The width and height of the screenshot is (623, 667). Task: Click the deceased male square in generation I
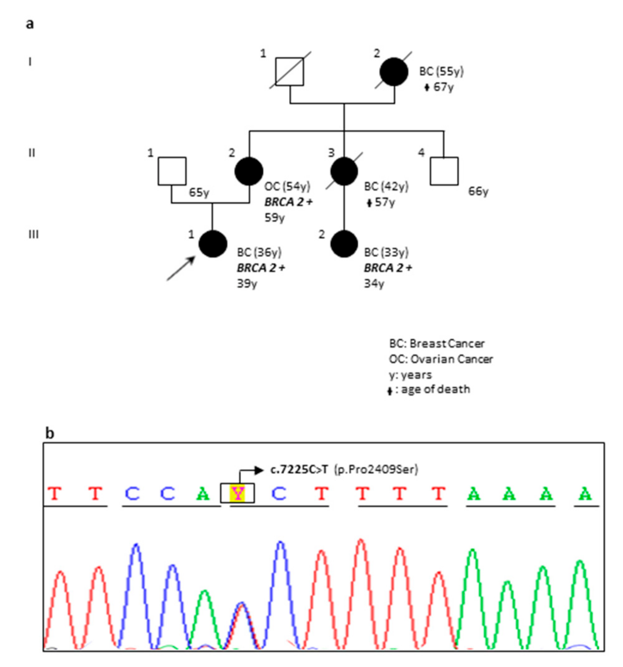290,72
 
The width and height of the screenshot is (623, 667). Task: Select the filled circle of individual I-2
394,72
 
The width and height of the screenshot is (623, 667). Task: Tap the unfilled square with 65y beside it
172,171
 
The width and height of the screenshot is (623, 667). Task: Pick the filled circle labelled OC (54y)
249,171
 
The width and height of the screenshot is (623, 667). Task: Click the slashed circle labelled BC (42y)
344,171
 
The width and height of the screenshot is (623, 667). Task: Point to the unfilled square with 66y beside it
444,171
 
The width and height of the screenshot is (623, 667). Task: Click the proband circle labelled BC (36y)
213,244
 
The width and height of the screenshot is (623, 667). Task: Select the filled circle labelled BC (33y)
344,244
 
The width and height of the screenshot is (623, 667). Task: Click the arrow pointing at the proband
181,268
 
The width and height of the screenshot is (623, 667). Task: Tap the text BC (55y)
441,71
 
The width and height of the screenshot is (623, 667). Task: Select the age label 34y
374,284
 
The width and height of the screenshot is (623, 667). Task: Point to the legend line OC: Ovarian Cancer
441,359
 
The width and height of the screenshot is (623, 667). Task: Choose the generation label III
33,234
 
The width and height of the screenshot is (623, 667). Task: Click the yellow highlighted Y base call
237,493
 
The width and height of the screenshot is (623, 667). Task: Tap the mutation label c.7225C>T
299,470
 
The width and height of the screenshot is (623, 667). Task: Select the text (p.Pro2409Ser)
376,470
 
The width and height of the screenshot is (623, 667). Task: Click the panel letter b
50,433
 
